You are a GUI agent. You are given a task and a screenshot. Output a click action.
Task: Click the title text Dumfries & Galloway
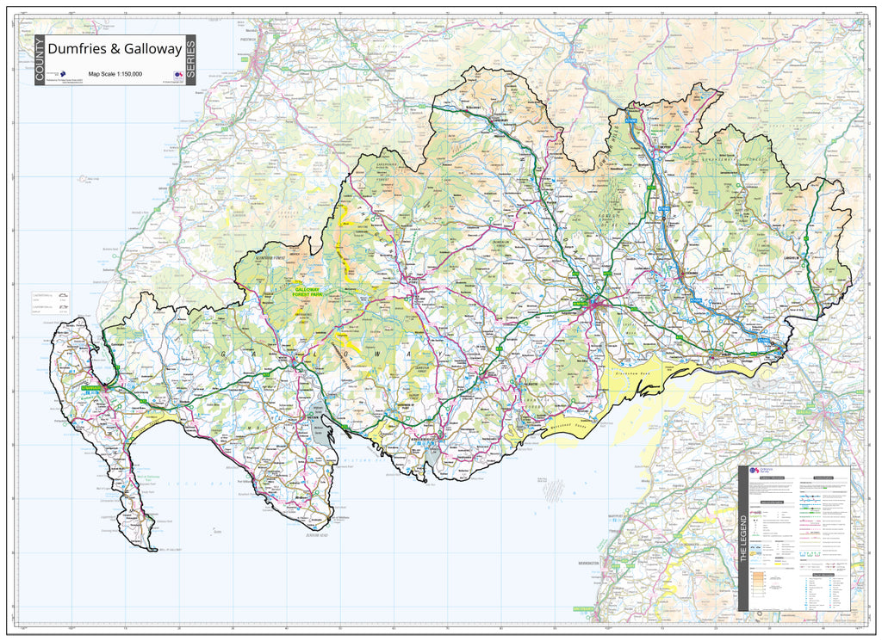pyautogui.click(x=115, y=50)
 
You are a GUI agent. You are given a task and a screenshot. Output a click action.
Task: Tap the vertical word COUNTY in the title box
pyautogui.click(x=40, y=60)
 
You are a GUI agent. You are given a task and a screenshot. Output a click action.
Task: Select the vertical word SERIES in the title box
pyautogui.click(x=190, y=60)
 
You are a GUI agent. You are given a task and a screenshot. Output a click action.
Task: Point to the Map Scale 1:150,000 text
pyautogui.click(x=115, y=74)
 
